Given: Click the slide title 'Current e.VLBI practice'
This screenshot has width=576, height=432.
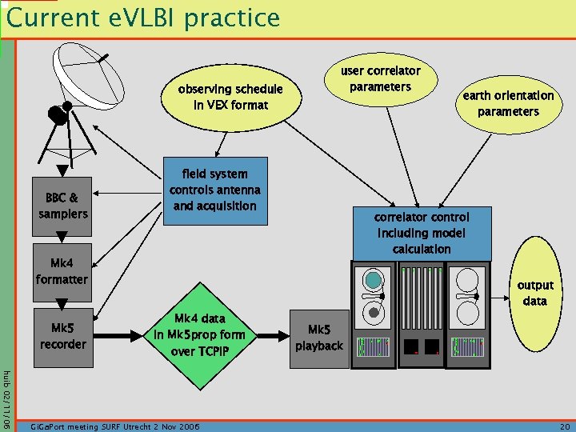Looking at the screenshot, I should tap(144, 18).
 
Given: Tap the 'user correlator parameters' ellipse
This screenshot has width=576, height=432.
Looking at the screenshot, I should tap(380, 78).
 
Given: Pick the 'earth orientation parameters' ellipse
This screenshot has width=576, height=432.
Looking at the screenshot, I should tap(507, 103).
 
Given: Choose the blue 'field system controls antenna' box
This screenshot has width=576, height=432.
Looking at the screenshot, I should tap(214, 190).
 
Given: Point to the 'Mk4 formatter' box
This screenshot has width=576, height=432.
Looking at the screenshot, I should tap(62, 271).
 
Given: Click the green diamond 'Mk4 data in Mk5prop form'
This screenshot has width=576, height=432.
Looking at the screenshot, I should tap(198, 334).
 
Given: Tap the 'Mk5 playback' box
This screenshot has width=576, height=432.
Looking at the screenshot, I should tap(319, 338).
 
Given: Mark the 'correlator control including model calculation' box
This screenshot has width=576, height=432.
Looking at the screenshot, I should tap(422, 233).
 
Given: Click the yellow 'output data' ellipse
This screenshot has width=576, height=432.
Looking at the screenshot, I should tap(534, 294).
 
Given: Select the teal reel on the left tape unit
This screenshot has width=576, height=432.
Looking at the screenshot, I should tap(373, 280).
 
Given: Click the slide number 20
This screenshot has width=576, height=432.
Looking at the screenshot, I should tap(565, 426).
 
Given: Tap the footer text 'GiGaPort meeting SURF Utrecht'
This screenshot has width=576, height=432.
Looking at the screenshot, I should tap(112, 426).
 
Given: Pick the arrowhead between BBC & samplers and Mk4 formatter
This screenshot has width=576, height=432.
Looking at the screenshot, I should tap(62, 236).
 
